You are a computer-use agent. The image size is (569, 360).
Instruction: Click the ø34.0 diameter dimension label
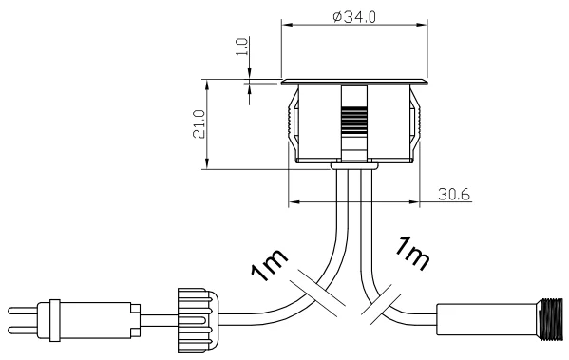(354, 17)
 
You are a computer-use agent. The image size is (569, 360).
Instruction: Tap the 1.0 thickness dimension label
(242, 47)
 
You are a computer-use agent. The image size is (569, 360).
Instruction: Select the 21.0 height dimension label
(199, 124)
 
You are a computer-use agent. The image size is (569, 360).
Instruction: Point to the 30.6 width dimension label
(454, 195)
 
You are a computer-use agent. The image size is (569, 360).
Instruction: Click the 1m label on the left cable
(269, 265)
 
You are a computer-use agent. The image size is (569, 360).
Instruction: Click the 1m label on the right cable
(413, 254)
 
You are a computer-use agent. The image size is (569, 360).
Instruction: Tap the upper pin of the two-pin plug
(23, 311)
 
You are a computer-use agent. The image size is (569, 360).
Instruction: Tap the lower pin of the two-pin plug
(23, 331)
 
